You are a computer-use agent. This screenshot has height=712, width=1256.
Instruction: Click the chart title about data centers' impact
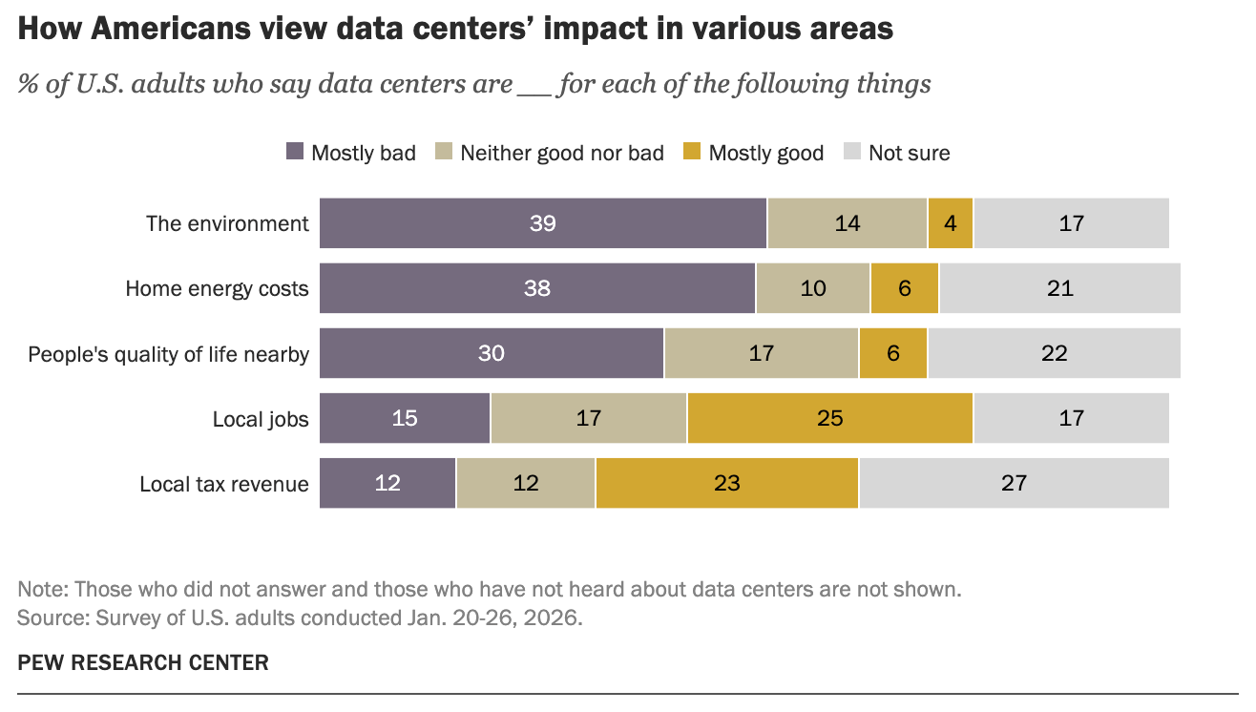click(x=455, y=29)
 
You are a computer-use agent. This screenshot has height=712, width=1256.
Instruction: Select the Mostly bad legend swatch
click(x=295, y=153)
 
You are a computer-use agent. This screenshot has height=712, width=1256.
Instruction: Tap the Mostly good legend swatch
click(x=692, y=153)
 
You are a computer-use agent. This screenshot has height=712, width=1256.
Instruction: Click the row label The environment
click(x=227, y=223)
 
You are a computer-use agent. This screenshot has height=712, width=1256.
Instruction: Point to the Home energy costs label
click(x=217, y=288)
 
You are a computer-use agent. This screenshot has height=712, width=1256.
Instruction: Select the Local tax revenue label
click(x=224, y=484)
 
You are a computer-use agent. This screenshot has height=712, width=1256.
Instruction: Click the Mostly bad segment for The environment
click(x=543, y=223)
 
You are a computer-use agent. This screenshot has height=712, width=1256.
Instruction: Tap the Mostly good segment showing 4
click(x=950, y=223)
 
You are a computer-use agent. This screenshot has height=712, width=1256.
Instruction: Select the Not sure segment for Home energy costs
click(x=1059, y=288)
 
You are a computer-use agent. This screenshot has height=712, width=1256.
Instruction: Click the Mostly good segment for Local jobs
click(x=829, y=418)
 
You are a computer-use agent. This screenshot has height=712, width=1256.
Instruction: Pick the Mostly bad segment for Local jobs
click(x=405, y=418)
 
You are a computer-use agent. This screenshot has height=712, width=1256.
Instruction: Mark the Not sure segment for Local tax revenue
click(x=1014, y=483)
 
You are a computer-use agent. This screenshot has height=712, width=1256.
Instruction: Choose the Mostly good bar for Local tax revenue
click(x=726, y=483)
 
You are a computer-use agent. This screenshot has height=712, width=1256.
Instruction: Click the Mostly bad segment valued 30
click(x=492, y=353)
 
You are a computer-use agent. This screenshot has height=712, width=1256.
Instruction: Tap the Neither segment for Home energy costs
click(x=812, y=288)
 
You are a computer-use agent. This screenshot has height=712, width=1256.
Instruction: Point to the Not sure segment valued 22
click(x=1054, y=353)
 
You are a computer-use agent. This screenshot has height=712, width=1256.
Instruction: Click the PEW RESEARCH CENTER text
click(x=143, y=662)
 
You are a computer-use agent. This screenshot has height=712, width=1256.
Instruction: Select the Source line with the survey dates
click(x=300, y=618)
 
